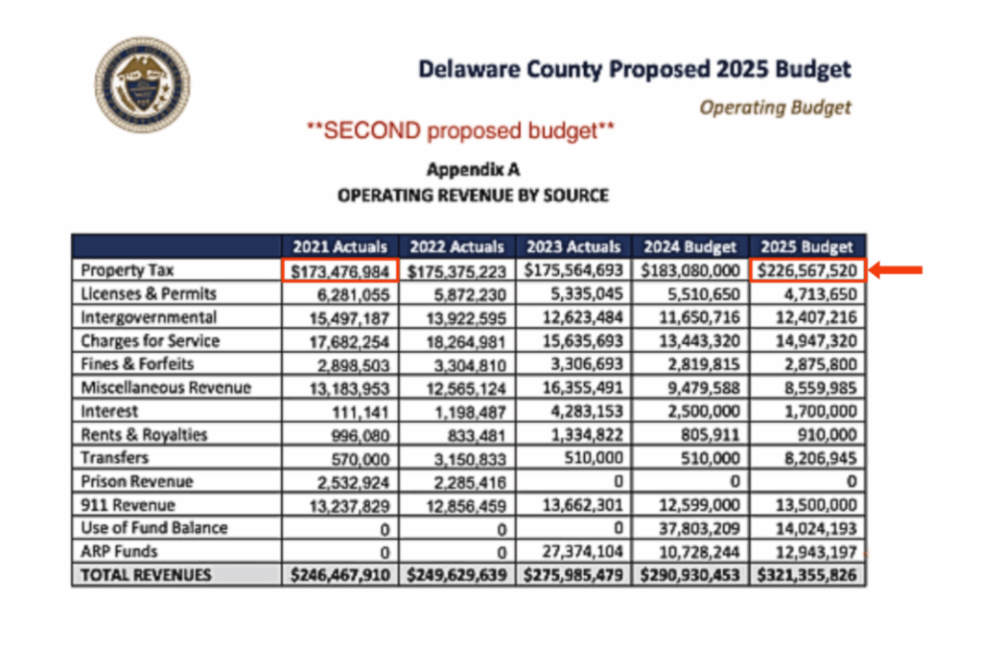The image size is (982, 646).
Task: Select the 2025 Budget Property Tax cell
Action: tap(807, 270)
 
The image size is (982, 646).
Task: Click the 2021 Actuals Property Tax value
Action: tap(339, 270)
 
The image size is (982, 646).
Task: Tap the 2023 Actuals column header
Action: tap(573, 246)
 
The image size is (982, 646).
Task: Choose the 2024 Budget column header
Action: tap(690, 246)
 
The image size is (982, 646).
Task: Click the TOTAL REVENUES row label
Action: tap(146, 575)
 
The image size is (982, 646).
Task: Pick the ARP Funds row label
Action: tap(120, 551)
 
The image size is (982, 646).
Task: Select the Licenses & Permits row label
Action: tap(149, 293)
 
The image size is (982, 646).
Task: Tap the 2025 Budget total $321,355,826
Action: tap(807, 575)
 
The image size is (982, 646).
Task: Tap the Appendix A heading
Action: tap(472, 170)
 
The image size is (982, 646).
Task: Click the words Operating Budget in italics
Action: tap(775, 106)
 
